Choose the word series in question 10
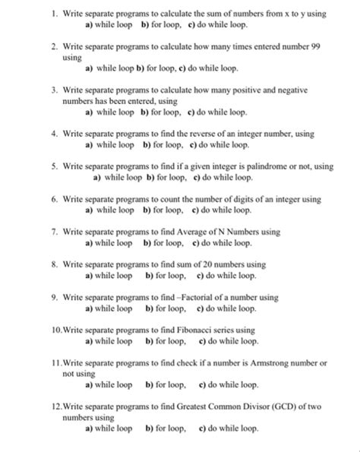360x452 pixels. (226, 330)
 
